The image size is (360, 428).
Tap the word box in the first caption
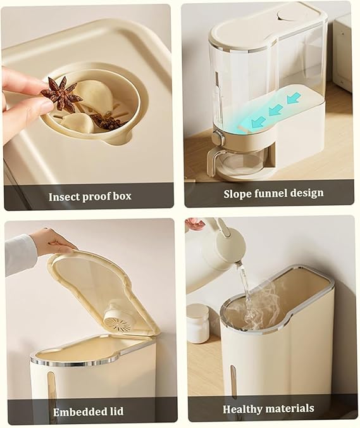[x=121, y=196]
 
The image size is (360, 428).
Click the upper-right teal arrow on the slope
[x=294, y=98]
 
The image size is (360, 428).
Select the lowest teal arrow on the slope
[x=258, y=122]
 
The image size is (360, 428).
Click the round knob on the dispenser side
[x=218, y=137]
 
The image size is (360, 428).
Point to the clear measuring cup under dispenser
[x=235, y=161]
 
